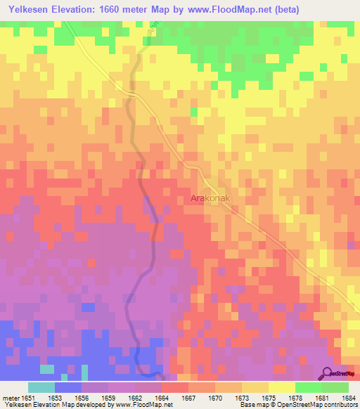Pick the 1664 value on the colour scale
pyautogui.click(x=161, y=397)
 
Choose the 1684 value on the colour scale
pyautogui.click(x=348, y=397)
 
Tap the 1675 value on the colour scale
pyautogui.click(x=268, y=397)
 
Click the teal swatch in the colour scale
pyautogui.click(x=41, y=387)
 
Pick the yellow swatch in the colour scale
pyautogui.click(x=281, y=387)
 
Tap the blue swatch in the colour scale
pyautogui.click(x=68, y=387)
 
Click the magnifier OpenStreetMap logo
pyautogui.click(x=328, y=373)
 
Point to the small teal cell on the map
pyautogui.click(x=47, y=368)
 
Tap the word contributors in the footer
pyautogui.click(x=340, y=404)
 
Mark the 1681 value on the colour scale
pyautogui.click(x=321, y=397)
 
